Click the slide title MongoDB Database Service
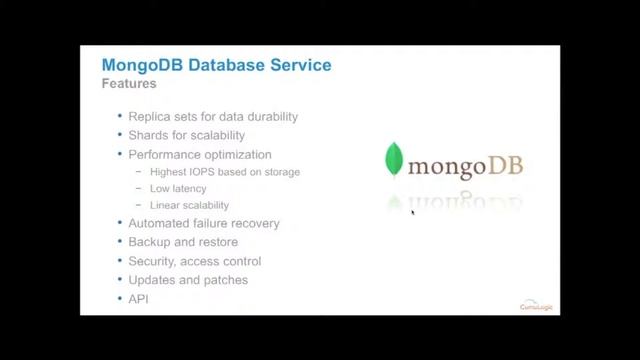216,66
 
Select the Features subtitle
129,84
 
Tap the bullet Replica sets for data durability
213,116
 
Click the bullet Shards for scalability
186,135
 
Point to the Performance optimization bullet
200,154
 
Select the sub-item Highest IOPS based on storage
225,172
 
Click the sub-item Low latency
178,188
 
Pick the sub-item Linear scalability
189,204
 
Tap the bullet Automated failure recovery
204,223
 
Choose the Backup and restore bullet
183,242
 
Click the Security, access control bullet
195,261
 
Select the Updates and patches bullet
188,280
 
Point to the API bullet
138,299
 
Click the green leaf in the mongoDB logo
395,160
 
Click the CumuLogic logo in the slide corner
536,303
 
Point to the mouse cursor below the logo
413,212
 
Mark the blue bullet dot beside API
120,299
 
